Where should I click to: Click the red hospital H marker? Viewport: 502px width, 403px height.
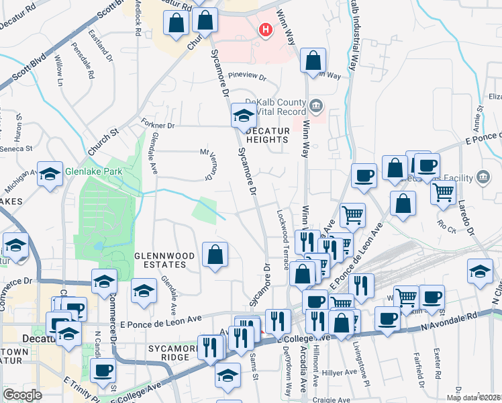[266, 30]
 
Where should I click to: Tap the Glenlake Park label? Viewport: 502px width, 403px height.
[94, 171]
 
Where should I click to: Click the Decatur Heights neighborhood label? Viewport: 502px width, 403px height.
[266, 135]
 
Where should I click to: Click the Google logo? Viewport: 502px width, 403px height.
[22, 395]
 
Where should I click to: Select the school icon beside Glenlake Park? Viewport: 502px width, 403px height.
[50, 175]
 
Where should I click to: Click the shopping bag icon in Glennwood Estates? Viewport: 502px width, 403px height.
[215, 255]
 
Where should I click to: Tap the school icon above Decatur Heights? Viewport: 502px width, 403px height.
[243, 116]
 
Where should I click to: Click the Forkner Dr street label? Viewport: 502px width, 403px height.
[158, 126]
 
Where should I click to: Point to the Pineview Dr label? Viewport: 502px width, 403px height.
[248, 76]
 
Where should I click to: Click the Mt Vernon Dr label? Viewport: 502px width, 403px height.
[207, 164]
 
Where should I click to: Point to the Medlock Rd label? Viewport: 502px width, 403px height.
[138, 20]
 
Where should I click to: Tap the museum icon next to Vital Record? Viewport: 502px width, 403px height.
[317, 105]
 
